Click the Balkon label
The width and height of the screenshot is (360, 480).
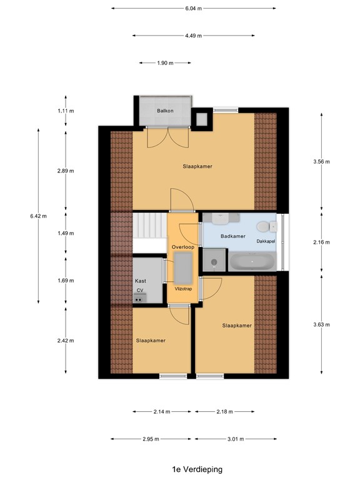[165, 111]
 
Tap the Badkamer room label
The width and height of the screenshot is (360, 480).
[232, 237]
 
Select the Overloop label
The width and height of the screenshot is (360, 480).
[183, 247]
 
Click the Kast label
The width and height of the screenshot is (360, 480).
[141, 281]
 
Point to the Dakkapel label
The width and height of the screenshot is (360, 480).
[266, 240]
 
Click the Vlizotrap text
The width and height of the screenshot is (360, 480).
[183, 289]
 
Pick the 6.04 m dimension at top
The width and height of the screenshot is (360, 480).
[194, 8]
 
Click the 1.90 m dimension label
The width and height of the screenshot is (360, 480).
[165, 63]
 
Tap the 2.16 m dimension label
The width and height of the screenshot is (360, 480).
[321, 242]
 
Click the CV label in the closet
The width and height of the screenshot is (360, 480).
[140, 291]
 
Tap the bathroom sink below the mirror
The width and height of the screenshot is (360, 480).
[221, 219]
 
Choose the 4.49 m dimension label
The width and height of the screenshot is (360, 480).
[193, 36]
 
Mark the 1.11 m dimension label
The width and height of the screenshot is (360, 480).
[66, 111]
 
